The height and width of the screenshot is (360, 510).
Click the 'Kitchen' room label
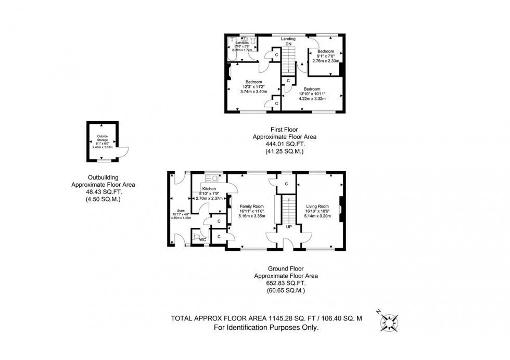(x=209, y=189)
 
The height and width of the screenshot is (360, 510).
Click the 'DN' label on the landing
(x=288, y=45)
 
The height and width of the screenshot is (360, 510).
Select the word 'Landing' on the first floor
(x=288, y=39)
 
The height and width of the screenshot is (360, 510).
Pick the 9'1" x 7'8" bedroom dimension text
(x=325, y=56)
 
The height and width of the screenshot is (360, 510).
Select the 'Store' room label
(x=181, y=211)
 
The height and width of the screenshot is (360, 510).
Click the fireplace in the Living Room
(x=341, y=205)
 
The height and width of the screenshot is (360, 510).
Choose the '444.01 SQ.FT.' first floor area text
(x=284, y=144)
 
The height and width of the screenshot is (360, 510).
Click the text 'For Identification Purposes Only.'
(x=266, y=328)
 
